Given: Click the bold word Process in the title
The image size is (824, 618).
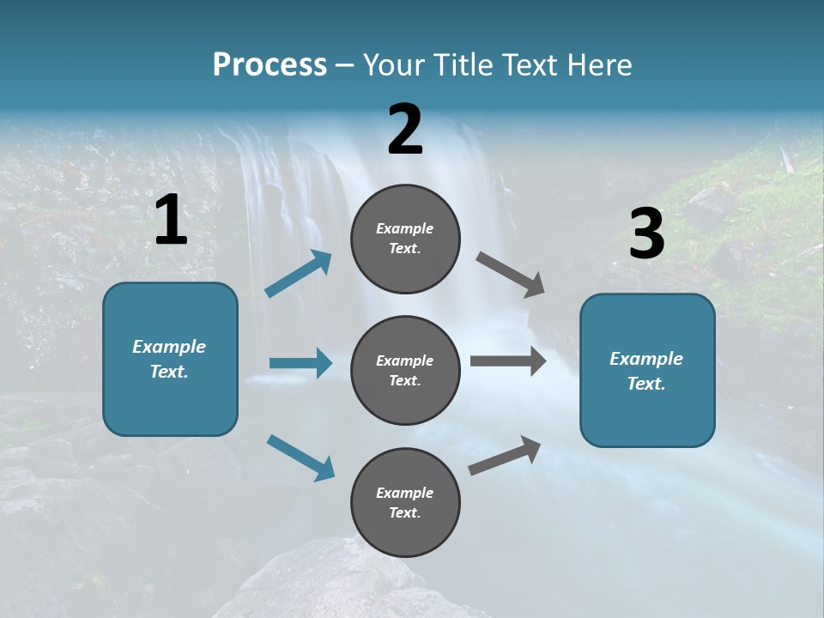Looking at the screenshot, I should (270, 65).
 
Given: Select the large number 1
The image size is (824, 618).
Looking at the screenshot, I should (171, 221).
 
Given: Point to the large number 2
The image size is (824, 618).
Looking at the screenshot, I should (405, 130).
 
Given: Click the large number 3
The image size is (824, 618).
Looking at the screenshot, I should (646, 234).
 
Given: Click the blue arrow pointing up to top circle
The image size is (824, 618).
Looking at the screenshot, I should (299, 274).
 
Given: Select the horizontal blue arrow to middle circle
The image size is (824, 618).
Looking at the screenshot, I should (300, 363).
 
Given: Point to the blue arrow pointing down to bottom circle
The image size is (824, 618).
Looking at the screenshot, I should (300, 457).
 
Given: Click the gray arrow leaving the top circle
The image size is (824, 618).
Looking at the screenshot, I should (511, 275).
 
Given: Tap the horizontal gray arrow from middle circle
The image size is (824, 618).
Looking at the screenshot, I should (507, 361).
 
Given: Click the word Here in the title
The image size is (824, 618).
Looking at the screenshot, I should (601, 65).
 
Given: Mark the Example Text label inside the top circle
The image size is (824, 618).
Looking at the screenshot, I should (405, 239).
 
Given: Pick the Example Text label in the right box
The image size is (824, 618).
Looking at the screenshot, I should (646, 371).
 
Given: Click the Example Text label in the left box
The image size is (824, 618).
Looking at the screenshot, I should (169, 359).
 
